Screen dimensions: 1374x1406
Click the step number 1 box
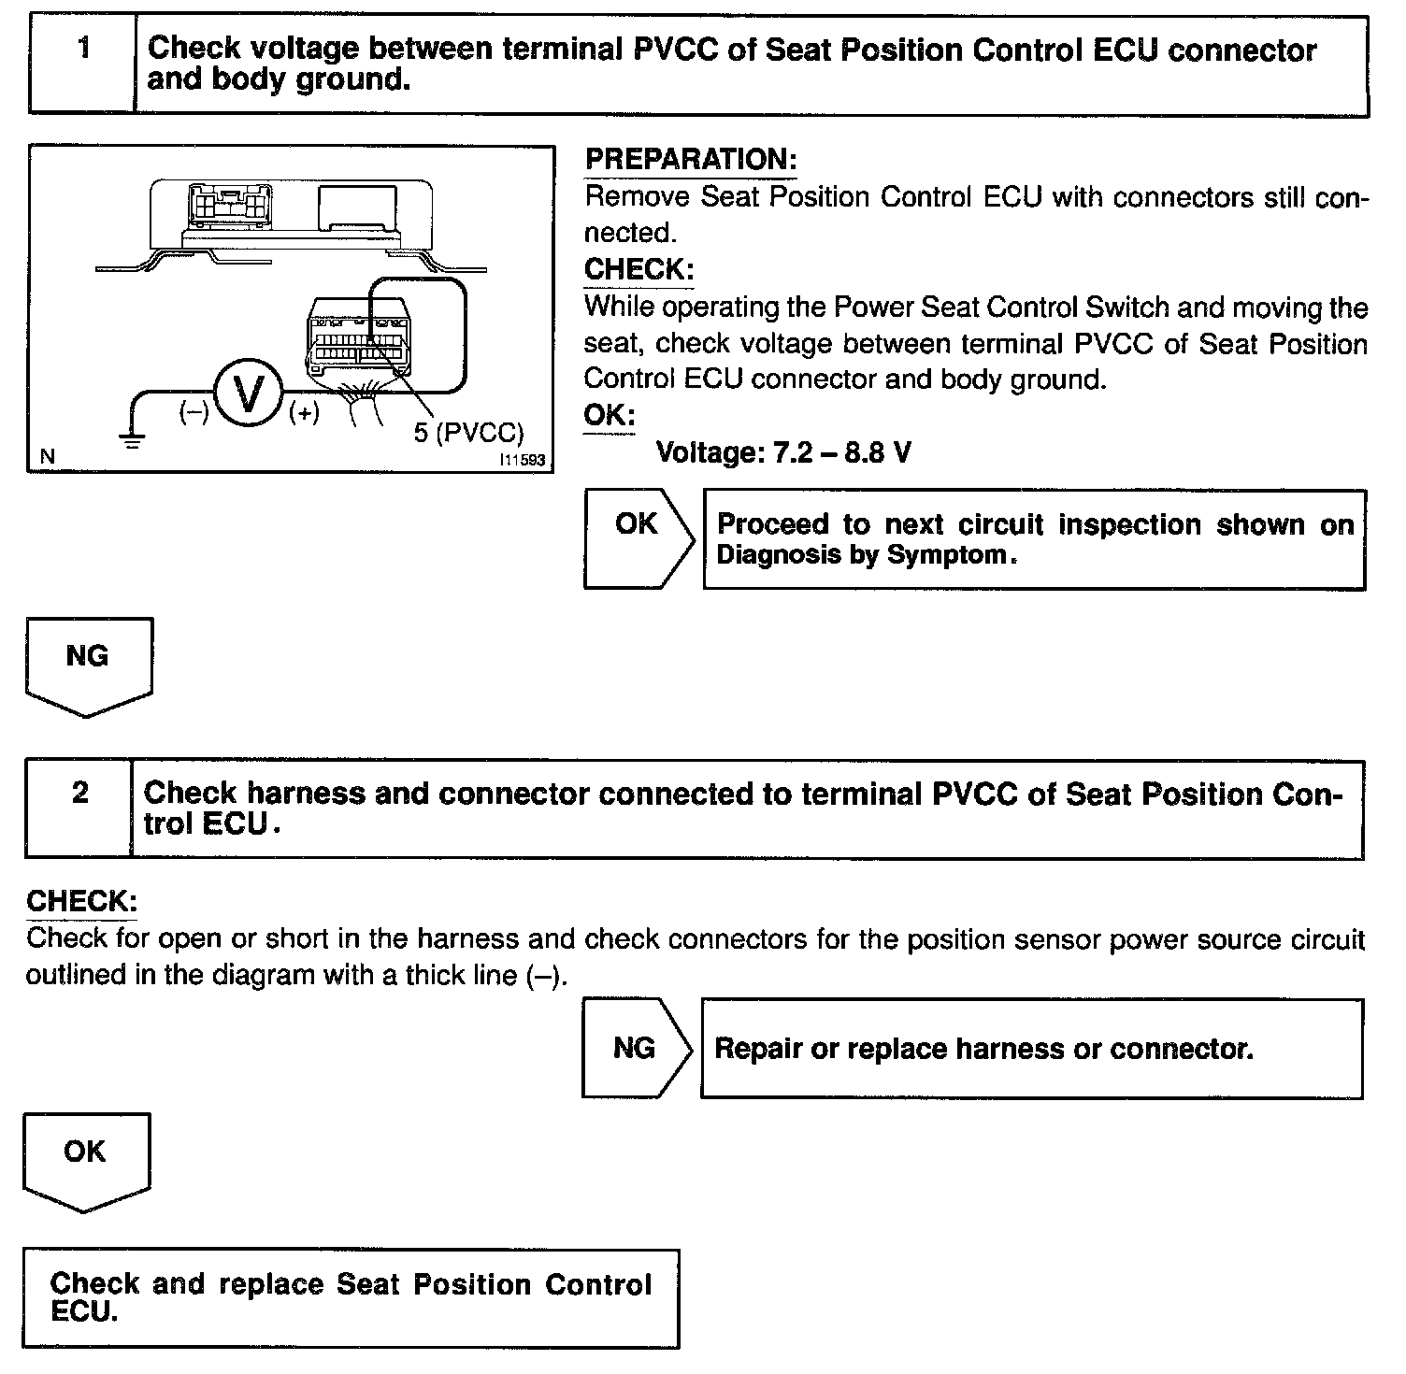pos(84,64)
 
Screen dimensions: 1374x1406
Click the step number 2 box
pos(80,809)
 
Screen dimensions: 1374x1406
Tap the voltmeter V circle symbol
pos(249,393)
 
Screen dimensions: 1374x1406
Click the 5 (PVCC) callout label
pos(468,433)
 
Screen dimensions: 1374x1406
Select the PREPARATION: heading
pos(690,160)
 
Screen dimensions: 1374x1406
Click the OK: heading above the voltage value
pos(609,415)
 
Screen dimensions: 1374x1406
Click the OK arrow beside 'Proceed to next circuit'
pos(638,537)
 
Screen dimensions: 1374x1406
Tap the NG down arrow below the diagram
pos(88,664)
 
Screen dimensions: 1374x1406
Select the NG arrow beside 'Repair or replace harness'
pos(637,1048)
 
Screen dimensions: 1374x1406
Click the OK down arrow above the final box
pos(85,1159)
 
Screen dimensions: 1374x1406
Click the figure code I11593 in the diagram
pos(522,461)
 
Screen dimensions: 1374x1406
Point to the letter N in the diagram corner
pos(48,457)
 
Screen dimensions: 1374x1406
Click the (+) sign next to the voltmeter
pos(304,411)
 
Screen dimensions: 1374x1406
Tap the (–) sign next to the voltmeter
pos(194,411)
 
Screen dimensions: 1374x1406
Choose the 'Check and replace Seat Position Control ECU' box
pos(351,1297)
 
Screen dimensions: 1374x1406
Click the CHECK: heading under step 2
pos(82,902)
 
